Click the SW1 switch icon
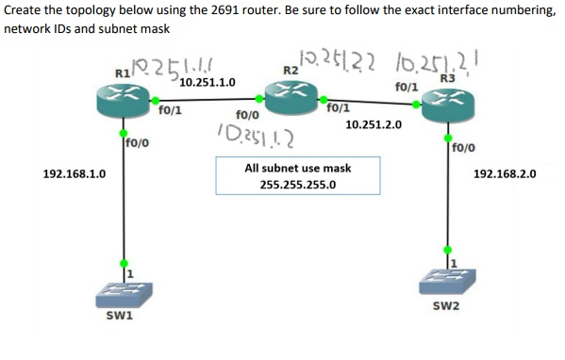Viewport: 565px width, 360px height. point(123,287)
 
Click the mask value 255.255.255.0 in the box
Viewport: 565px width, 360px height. point(297,185)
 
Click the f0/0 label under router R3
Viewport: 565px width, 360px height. point(462,147)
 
